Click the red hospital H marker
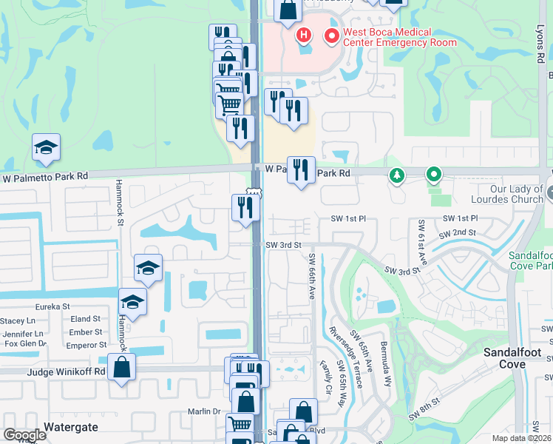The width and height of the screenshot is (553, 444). point(302,35)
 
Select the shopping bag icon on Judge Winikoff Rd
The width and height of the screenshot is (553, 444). point(122,367)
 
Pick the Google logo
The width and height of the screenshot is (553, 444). point(24,435)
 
